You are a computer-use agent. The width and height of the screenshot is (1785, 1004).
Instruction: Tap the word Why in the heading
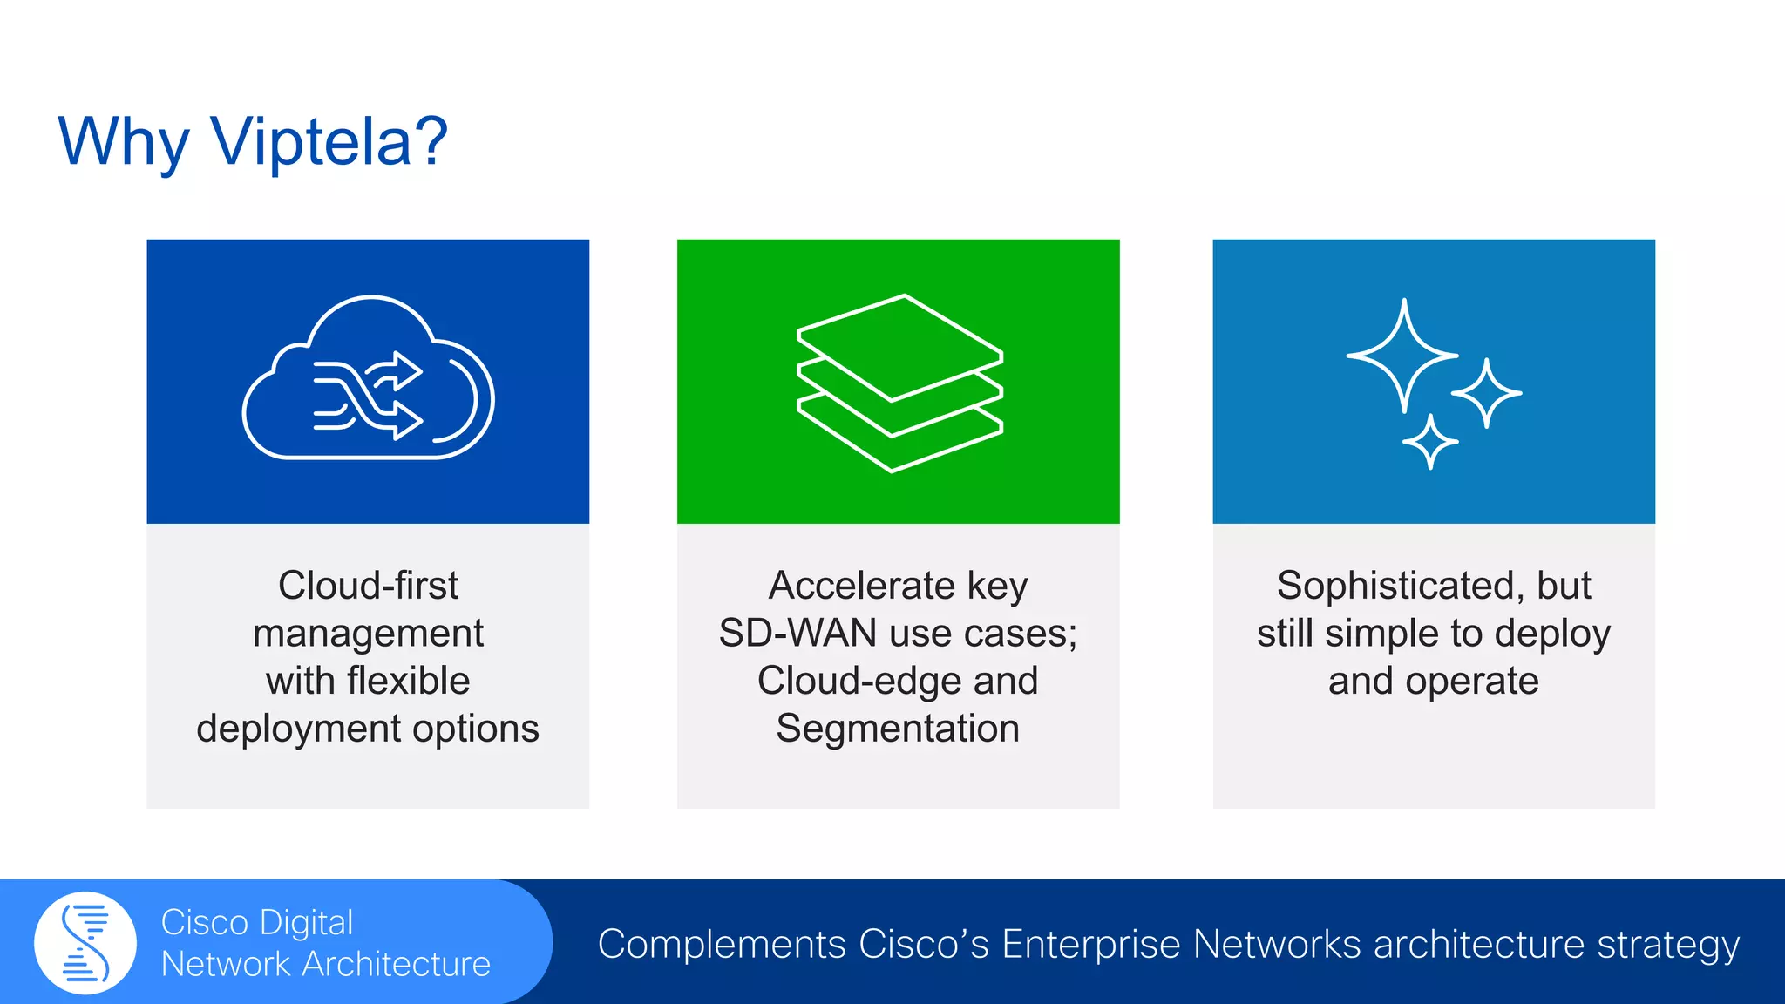(x=123, y=143)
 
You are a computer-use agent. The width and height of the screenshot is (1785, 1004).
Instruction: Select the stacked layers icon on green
(x=899, y=383)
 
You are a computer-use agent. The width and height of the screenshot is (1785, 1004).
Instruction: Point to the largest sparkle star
(x=1402, y=356)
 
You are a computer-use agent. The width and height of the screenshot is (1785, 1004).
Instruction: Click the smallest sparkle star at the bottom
(x=1429, y=442)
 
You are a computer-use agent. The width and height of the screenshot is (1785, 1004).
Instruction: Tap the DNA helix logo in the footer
(x=85, y=943)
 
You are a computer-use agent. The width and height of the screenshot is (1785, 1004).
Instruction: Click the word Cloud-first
(x=368, y=585)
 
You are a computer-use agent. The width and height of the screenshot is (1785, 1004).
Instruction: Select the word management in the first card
(x=368, y=634)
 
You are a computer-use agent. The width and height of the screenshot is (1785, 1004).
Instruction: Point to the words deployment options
(x=368, y=729)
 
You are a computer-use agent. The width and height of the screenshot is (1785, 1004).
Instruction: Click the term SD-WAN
(x=797, y=634)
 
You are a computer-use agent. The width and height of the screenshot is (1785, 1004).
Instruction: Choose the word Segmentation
(x=898, y=729)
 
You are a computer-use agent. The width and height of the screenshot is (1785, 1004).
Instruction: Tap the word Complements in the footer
(x=722, y=945)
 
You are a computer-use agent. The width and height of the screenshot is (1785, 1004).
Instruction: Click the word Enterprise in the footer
(x=1091, y=945)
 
